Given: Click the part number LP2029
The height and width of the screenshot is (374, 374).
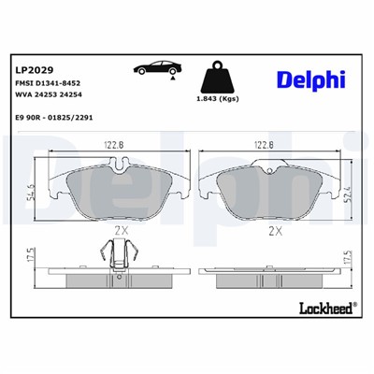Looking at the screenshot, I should (34, 69).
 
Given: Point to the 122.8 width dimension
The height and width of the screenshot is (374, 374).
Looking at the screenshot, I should (114, 144).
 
